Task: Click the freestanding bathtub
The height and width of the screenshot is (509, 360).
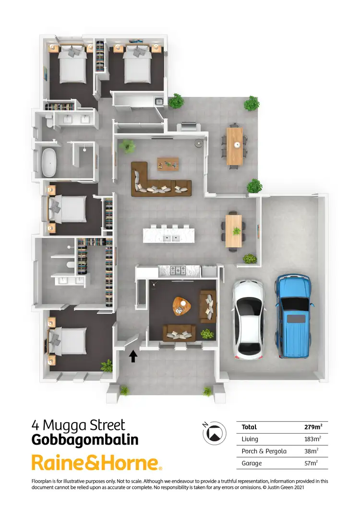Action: pyautogui.click(x=49, y=163)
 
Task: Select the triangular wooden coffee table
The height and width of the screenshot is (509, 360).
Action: pyautogui.click(x=181, y=306)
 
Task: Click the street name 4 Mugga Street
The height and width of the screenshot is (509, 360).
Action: pyautogui.click(x=78, y=425)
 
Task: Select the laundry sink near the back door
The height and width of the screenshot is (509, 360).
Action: pyautogui.click(x=158, y=101)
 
